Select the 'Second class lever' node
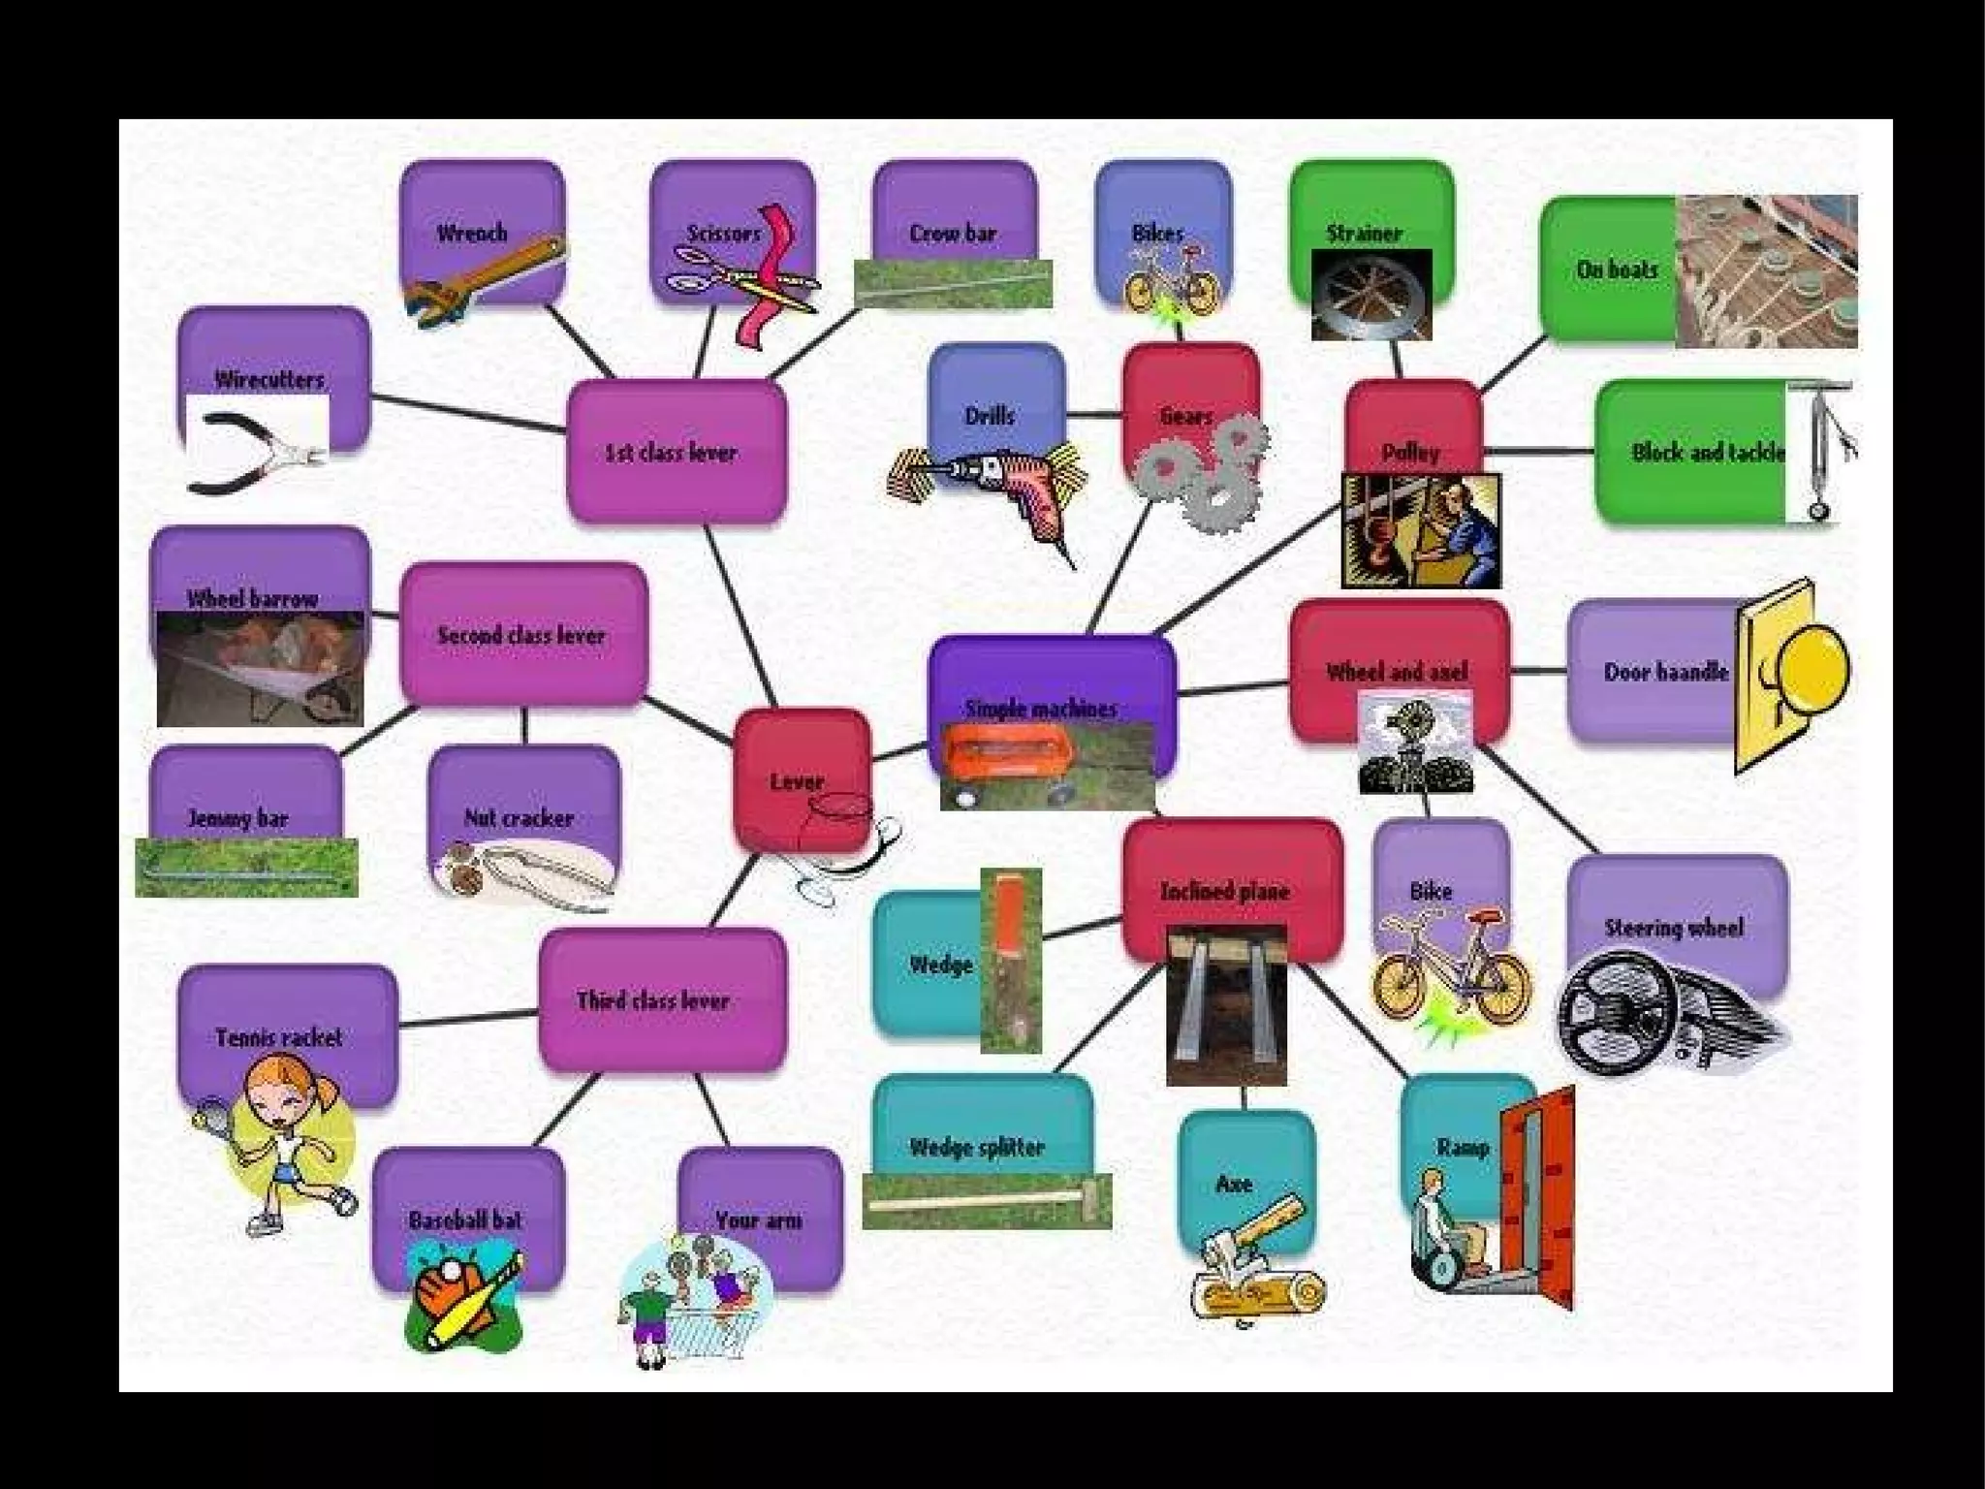click(x=522, y=635)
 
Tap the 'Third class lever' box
click(x=660, y=1000)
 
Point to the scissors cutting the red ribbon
click(x=742, y=275)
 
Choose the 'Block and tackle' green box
click(x=1691, y=452)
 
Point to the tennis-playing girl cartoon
click(x=281, y=1144)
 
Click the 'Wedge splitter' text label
click(x=976, y=1148)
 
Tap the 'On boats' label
click(x=1617, y=269)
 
